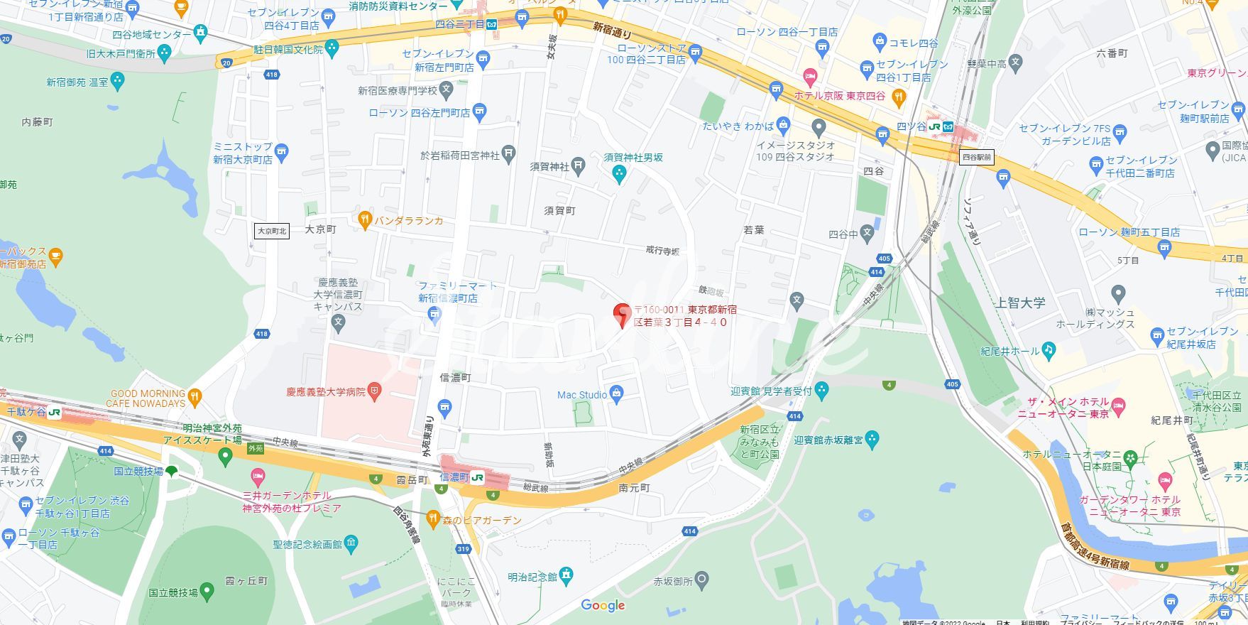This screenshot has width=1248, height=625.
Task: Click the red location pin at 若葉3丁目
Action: (x=622, y=313)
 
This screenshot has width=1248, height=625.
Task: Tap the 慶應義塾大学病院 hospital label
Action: (x=326, y=391)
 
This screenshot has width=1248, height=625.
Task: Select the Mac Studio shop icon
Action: (x=616, y=395)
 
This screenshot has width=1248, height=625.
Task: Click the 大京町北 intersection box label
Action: (x=272, y=231)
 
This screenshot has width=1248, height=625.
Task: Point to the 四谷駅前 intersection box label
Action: (x=976, y=158)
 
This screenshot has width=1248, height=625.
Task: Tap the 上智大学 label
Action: (x=1021, y=303)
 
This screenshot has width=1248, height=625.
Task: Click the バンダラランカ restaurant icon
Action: (x=365, y=220)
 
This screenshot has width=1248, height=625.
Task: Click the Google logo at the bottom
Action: (x=603, y=605)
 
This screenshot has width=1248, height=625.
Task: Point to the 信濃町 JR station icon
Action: (x=477, y=477)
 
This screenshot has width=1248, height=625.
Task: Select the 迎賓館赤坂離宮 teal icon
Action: (x=872, y=440)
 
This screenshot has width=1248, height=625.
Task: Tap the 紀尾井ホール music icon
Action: (x=1049, y=351)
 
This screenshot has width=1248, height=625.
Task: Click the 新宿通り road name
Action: (x=612, y=31)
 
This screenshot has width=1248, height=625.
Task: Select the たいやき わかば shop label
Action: (x=738, y=126)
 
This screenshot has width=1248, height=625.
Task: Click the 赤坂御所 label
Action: (x=672, y=581)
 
